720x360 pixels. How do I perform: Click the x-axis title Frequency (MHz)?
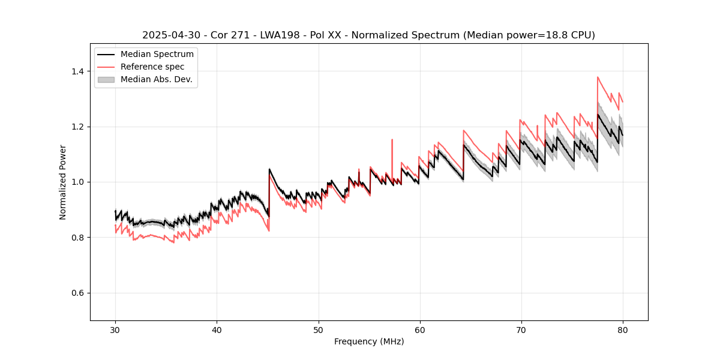click(369, 341)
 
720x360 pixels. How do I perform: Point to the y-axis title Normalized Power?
click(63, 182)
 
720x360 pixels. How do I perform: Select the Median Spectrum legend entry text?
click(157, 55)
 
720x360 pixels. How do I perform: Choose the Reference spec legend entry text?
click(152, 67)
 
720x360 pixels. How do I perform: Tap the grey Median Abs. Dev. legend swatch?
click(106, 79)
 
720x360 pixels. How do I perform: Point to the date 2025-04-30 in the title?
click(169, 35)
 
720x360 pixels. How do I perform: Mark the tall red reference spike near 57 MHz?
click(392, 140)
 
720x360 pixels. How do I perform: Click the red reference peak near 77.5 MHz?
click(598, 77)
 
